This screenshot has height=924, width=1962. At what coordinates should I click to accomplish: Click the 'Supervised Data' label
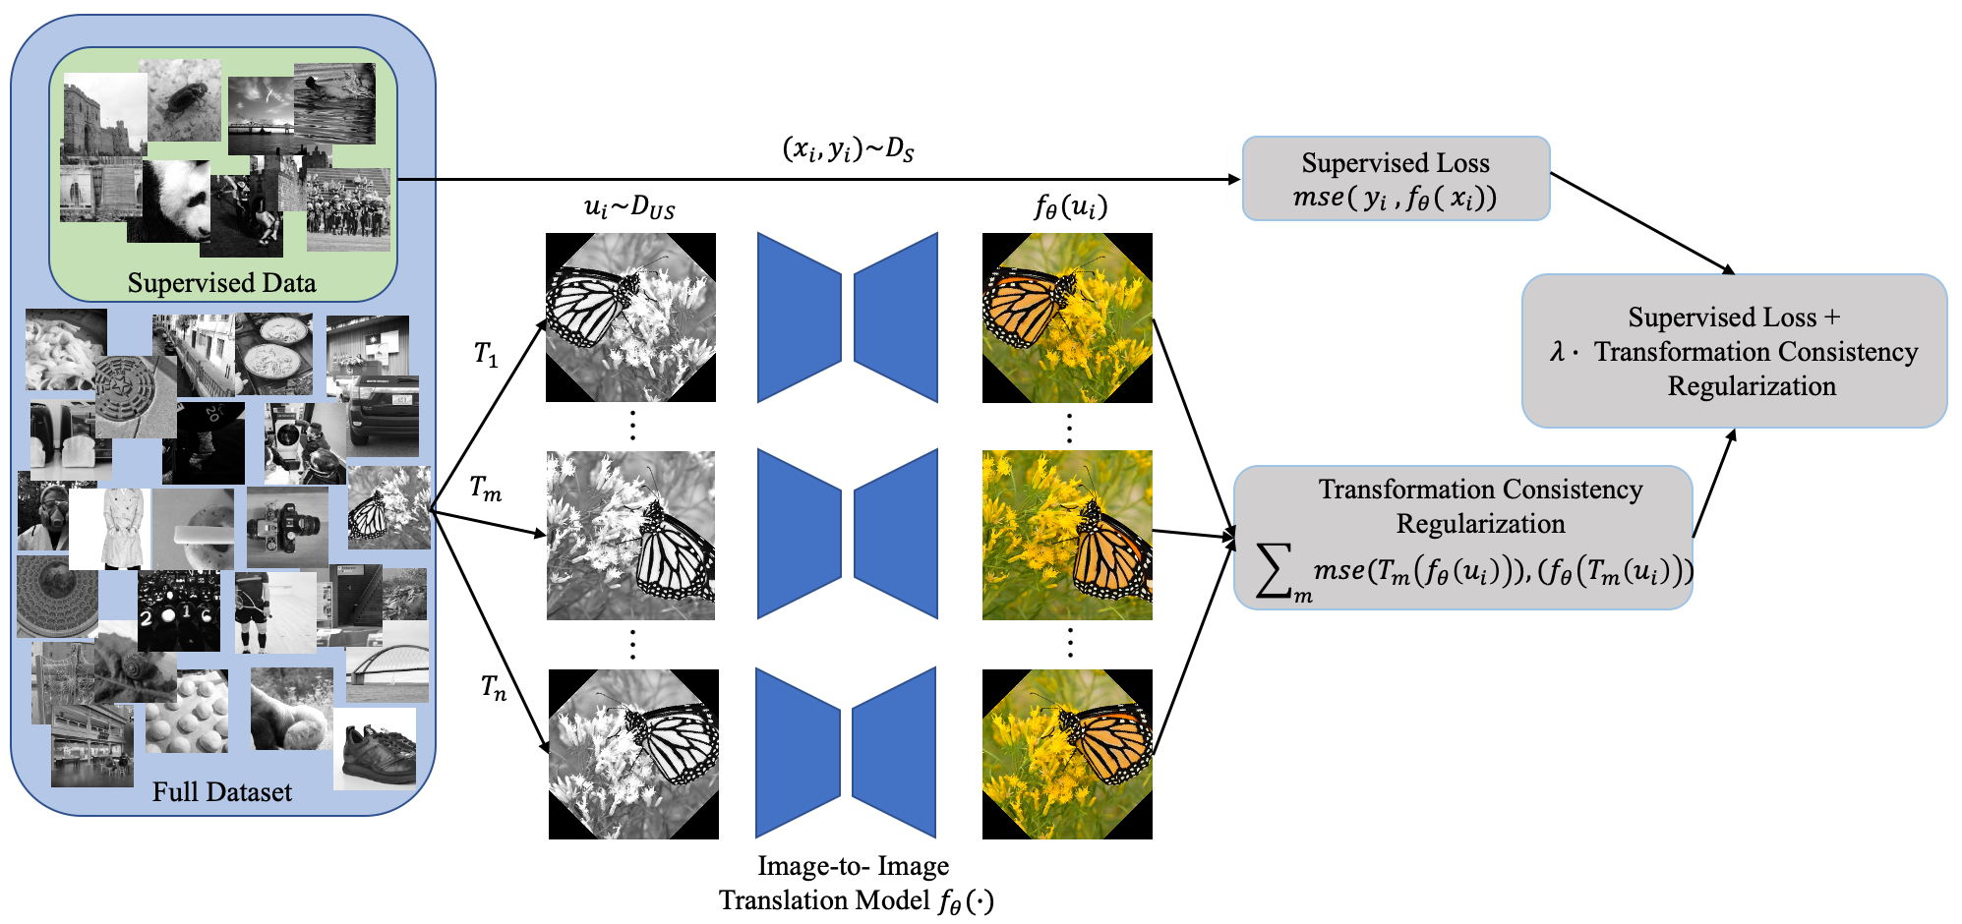[x=221, y=283]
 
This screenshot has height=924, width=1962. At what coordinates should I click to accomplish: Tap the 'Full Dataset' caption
[x=221, y=792]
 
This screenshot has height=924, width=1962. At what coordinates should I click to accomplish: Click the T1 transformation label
[x=486, y=354]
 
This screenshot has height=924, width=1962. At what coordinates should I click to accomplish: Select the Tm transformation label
[x=485, y=488]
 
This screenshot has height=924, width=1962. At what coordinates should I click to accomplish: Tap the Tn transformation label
[x=494, y=687]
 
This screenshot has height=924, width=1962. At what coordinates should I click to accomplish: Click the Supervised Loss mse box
[x=1396, y=179]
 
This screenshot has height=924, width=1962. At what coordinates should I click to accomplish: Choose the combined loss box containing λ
[x=1734, y=351]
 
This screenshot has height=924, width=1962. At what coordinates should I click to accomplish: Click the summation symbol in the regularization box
[x=1276, y=571]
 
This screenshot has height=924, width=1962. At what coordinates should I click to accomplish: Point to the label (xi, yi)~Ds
[x=848, y=149]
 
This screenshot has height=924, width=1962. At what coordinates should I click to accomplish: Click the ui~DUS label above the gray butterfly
[x=629, y=207]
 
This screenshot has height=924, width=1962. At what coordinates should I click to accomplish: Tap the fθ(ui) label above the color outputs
[x=1070, y=207]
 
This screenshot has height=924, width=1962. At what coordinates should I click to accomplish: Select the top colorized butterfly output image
[x=1067, y=318]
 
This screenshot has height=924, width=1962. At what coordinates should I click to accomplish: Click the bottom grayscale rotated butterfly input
[x=633, y=754]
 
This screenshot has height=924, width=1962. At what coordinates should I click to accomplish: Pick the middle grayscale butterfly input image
[x=630, y=536]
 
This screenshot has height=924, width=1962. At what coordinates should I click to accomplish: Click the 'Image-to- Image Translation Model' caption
[x=854, y=883]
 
